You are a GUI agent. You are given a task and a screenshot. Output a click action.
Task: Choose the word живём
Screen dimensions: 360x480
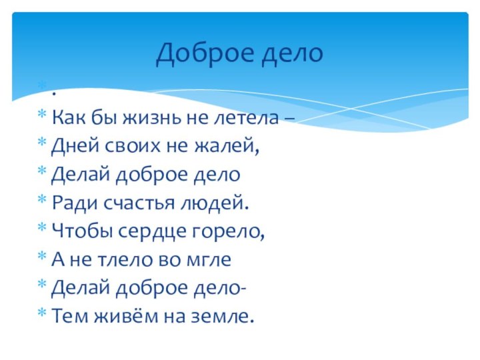(x=115, y=317)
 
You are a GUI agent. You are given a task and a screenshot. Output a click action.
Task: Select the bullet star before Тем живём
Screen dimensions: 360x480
(x=42, y=315)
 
